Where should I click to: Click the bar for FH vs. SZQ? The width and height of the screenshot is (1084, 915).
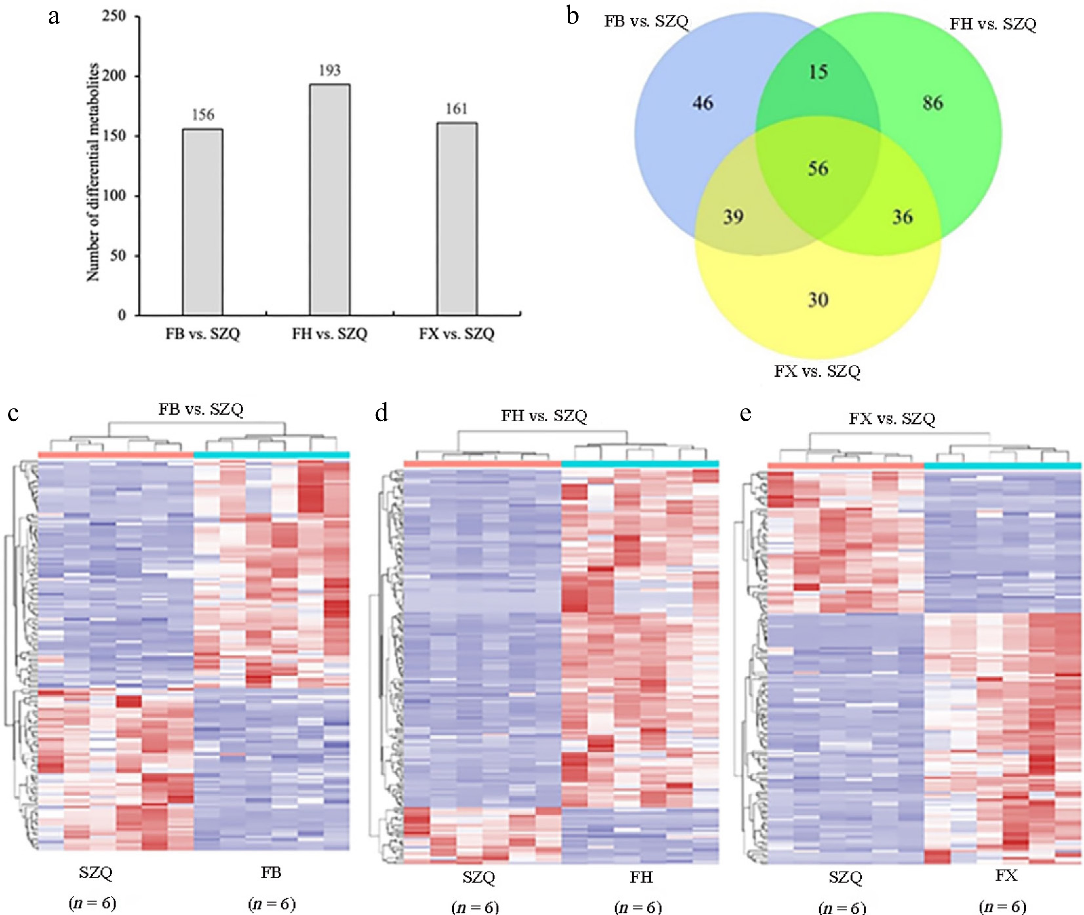tap(330, 200)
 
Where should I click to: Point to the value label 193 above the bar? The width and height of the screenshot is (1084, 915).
tap(330, 70)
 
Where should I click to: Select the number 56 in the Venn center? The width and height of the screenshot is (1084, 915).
tap(818, 168)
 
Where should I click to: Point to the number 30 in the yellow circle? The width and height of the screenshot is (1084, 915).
tap(818, 300)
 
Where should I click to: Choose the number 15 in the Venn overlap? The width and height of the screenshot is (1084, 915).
tap(818, 71)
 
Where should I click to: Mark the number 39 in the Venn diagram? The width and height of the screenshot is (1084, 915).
tap(733, 217)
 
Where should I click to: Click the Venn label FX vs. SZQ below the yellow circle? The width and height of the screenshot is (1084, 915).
tap(817, 371)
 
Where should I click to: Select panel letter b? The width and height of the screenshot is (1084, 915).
tap(573, 17)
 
